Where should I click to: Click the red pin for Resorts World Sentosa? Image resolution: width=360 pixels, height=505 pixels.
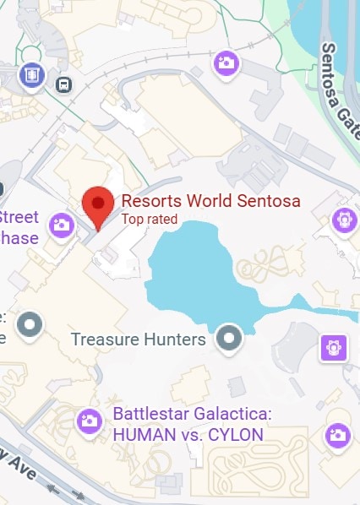click(x=98, y=205)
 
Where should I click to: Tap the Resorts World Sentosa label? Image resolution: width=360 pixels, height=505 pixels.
click(x=211, y=202)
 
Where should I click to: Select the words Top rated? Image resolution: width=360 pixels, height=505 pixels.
click(x=150, y=220)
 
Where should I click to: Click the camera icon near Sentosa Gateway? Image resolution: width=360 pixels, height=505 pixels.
click(x=226, y=62)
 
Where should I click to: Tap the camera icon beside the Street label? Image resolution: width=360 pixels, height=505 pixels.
click(x=61, y=224)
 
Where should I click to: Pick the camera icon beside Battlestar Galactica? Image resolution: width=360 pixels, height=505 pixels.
click(x=89, y=421)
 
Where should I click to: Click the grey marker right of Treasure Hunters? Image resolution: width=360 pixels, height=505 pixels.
click(x=228, y=339)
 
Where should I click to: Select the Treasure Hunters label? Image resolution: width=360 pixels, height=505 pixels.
click(x=139, y=339)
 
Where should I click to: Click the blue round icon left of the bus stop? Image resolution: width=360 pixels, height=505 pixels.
click(x=33, y=74)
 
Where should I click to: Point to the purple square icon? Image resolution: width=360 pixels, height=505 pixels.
click(x=333, y=346)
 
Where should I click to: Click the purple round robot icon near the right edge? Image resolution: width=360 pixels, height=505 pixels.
click(x=343, y=220)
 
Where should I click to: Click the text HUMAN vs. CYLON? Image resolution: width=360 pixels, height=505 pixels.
click(x=188, y=434)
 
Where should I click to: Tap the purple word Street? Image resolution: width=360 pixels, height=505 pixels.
click(x=19, y=216)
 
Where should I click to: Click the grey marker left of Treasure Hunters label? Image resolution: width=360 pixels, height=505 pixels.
click(x=31, y=323)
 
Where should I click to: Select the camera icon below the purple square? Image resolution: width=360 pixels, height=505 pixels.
click(x=337, y=435)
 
